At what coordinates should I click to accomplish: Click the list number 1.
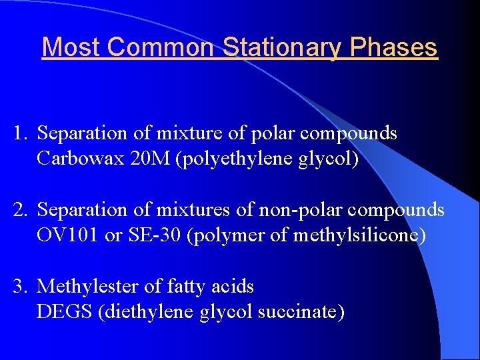[x=19, y=133]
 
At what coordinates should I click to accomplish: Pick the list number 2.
[x=19, y=210]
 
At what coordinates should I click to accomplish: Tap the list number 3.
[x=19, y=287]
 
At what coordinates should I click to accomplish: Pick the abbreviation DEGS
[x=65, y=313]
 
